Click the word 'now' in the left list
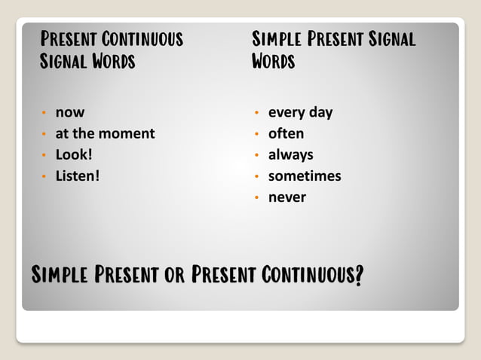coord(70,112)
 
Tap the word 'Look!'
coord(74,155)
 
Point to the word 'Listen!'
coord(78,176)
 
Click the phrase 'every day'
coord(300,112)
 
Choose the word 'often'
coord(286,133)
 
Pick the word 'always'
coord(290,155)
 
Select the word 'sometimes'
coord(305,176)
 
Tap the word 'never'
coord(287,197)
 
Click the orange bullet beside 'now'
coord(44,113)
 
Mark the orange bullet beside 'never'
coord(257,198)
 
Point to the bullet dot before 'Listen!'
coord(44,177)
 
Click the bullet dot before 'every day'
coord(257,113)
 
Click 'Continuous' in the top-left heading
coord(142,38)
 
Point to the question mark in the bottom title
coord(358,276)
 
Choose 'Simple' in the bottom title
coord(61,275)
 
